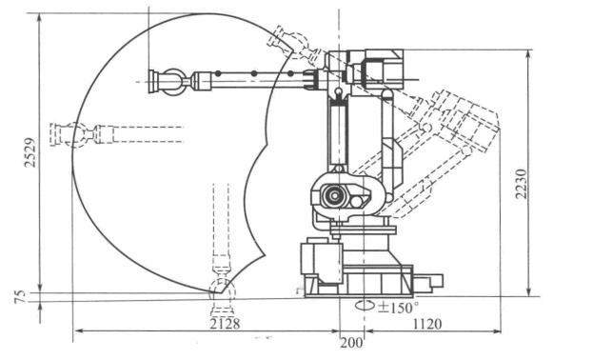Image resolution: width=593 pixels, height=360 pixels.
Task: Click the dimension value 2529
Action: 30,152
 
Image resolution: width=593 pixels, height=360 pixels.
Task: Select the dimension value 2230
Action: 522,184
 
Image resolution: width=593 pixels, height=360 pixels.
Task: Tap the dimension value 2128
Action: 225,324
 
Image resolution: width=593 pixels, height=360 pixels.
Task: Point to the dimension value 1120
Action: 427,324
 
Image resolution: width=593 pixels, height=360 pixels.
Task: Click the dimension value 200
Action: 352,343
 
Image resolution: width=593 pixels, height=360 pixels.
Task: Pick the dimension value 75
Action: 20,296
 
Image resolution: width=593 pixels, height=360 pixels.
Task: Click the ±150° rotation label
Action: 398,308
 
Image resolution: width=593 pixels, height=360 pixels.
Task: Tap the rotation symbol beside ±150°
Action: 365,305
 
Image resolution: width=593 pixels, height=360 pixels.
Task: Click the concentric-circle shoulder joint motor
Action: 334,195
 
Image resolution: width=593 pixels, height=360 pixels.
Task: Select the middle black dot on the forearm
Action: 254,73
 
